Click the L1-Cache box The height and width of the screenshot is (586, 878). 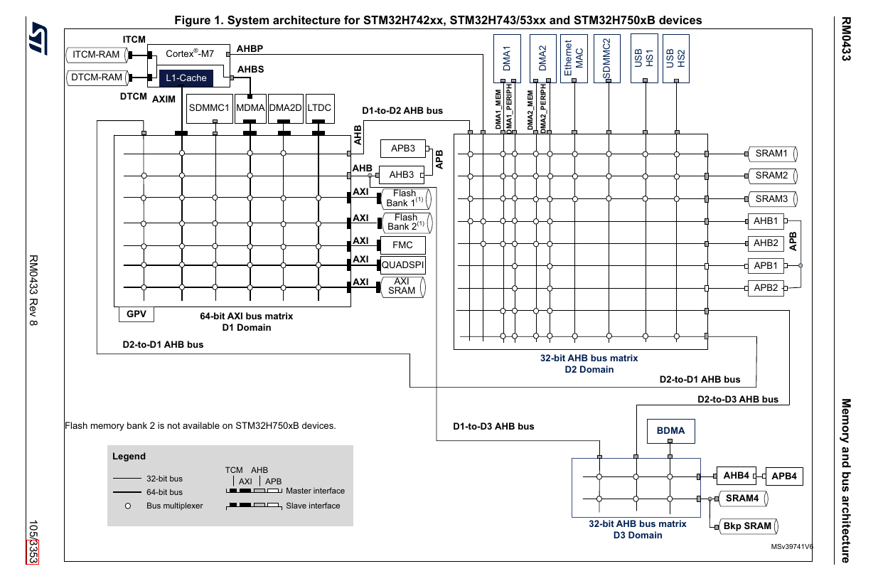pyautogui.click(x=186, y=78)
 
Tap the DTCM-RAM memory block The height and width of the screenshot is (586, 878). pyautogui.click(x=97, y=77)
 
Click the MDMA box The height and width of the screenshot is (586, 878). pyautogui.click(x=250, y=108)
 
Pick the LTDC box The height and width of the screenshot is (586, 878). pyautogui.click(x=318, y=108)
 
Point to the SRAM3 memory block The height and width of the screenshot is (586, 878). pyautogui.click(x=771, y=198)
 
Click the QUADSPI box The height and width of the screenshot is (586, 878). pyautogui.click(x=402, y=265)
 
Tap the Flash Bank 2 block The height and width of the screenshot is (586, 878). pyautogui.click(x=406, y=223)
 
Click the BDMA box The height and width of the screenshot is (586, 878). pyautogui.click(x=670, y=431)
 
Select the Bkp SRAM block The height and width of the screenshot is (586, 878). pyautogui.click(x=747, y=526)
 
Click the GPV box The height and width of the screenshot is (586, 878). pyautogui.click(x=135, y=314)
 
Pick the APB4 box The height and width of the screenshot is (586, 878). pyautogui.click(x=783, y=476)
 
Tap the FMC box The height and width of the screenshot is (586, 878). pyautogui.click(x=402, y=245)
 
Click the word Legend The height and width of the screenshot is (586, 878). pyautogui.click(x=129, y=457)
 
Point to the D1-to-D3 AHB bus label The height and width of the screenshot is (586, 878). pyautogui.click(x=493, y=427)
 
